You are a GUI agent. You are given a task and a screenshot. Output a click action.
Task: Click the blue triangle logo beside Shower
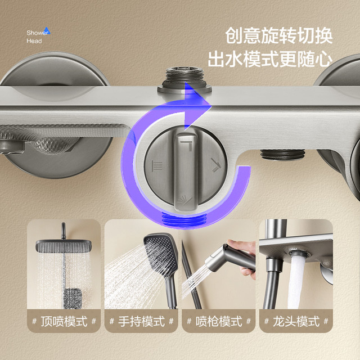click(47, 30)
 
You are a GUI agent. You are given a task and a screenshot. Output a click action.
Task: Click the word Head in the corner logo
click(34, 41)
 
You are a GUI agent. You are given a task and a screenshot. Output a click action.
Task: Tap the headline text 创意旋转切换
click(279, 35)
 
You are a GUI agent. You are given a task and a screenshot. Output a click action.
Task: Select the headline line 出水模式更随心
click(270, 59)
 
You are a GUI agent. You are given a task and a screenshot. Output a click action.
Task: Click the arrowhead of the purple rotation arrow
click(197, 105)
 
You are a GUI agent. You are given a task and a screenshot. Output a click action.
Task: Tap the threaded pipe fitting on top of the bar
click(184, 80)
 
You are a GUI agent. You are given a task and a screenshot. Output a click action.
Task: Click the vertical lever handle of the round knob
click(186, 172)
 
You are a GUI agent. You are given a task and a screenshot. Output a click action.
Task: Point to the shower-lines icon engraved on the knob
click(157, 166)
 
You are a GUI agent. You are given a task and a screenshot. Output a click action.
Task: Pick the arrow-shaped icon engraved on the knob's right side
click(215, 165)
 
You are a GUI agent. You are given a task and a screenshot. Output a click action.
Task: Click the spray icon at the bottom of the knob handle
click(185, 200)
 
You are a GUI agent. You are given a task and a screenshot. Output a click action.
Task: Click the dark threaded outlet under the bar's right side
click(282, 154)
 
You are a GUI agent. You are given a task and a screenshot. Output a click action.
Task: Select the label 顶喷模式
click(64, 321)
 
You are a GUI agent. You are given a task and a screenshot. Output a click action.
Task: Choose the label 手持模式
click(141, 321)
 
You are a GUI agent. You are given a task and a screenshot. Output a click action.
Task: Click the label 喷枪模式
click(219, 321)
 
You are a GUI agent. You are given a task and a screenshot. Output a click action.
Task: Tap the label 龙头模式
click(296, 321)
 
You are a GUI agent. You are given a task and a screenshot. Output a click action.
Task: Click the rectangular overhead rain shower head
click(64, 246)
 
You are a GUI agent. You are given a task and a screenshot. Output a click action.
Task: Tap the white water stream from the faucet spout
click(296, 282)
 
